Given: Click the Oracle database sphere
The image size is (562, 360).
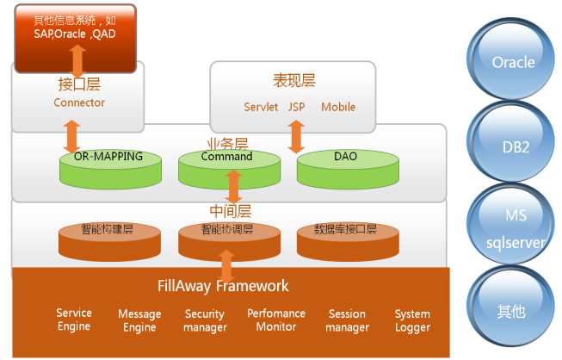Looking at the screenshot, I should (x=513, y=62).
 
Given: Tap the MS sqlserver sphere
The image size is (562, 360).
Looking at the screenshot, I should (x=513, y=229).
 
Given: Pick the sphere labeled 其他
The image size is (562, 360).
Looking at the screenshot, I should (x=513, y=310).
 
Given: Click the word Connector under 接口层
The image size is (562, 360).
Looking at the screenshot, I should (x=79, y=102).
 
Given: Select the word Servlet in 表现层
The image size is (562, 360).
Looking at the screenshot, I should (x=261, y=108).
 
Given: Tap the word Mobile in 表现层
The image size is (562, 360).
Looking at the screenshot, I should (x=338, y=108).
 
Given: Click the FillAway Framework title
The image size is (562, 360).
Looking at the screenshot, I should (x=224, y=286).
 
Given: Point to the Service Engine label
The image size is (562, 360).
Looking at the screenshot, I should (x=74, y=320).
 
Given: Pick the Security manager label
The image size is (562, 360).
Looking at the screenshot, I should (x=205, y=320).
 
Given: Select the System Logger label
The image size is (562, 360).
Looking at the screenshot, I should (x=412, y=320).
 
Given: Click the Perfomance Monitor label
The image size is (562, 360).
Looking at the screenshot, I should (x=277, y=320).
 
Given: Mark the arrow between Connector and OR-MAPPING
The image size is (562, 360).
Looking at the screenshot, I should (x=71, y=136).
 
